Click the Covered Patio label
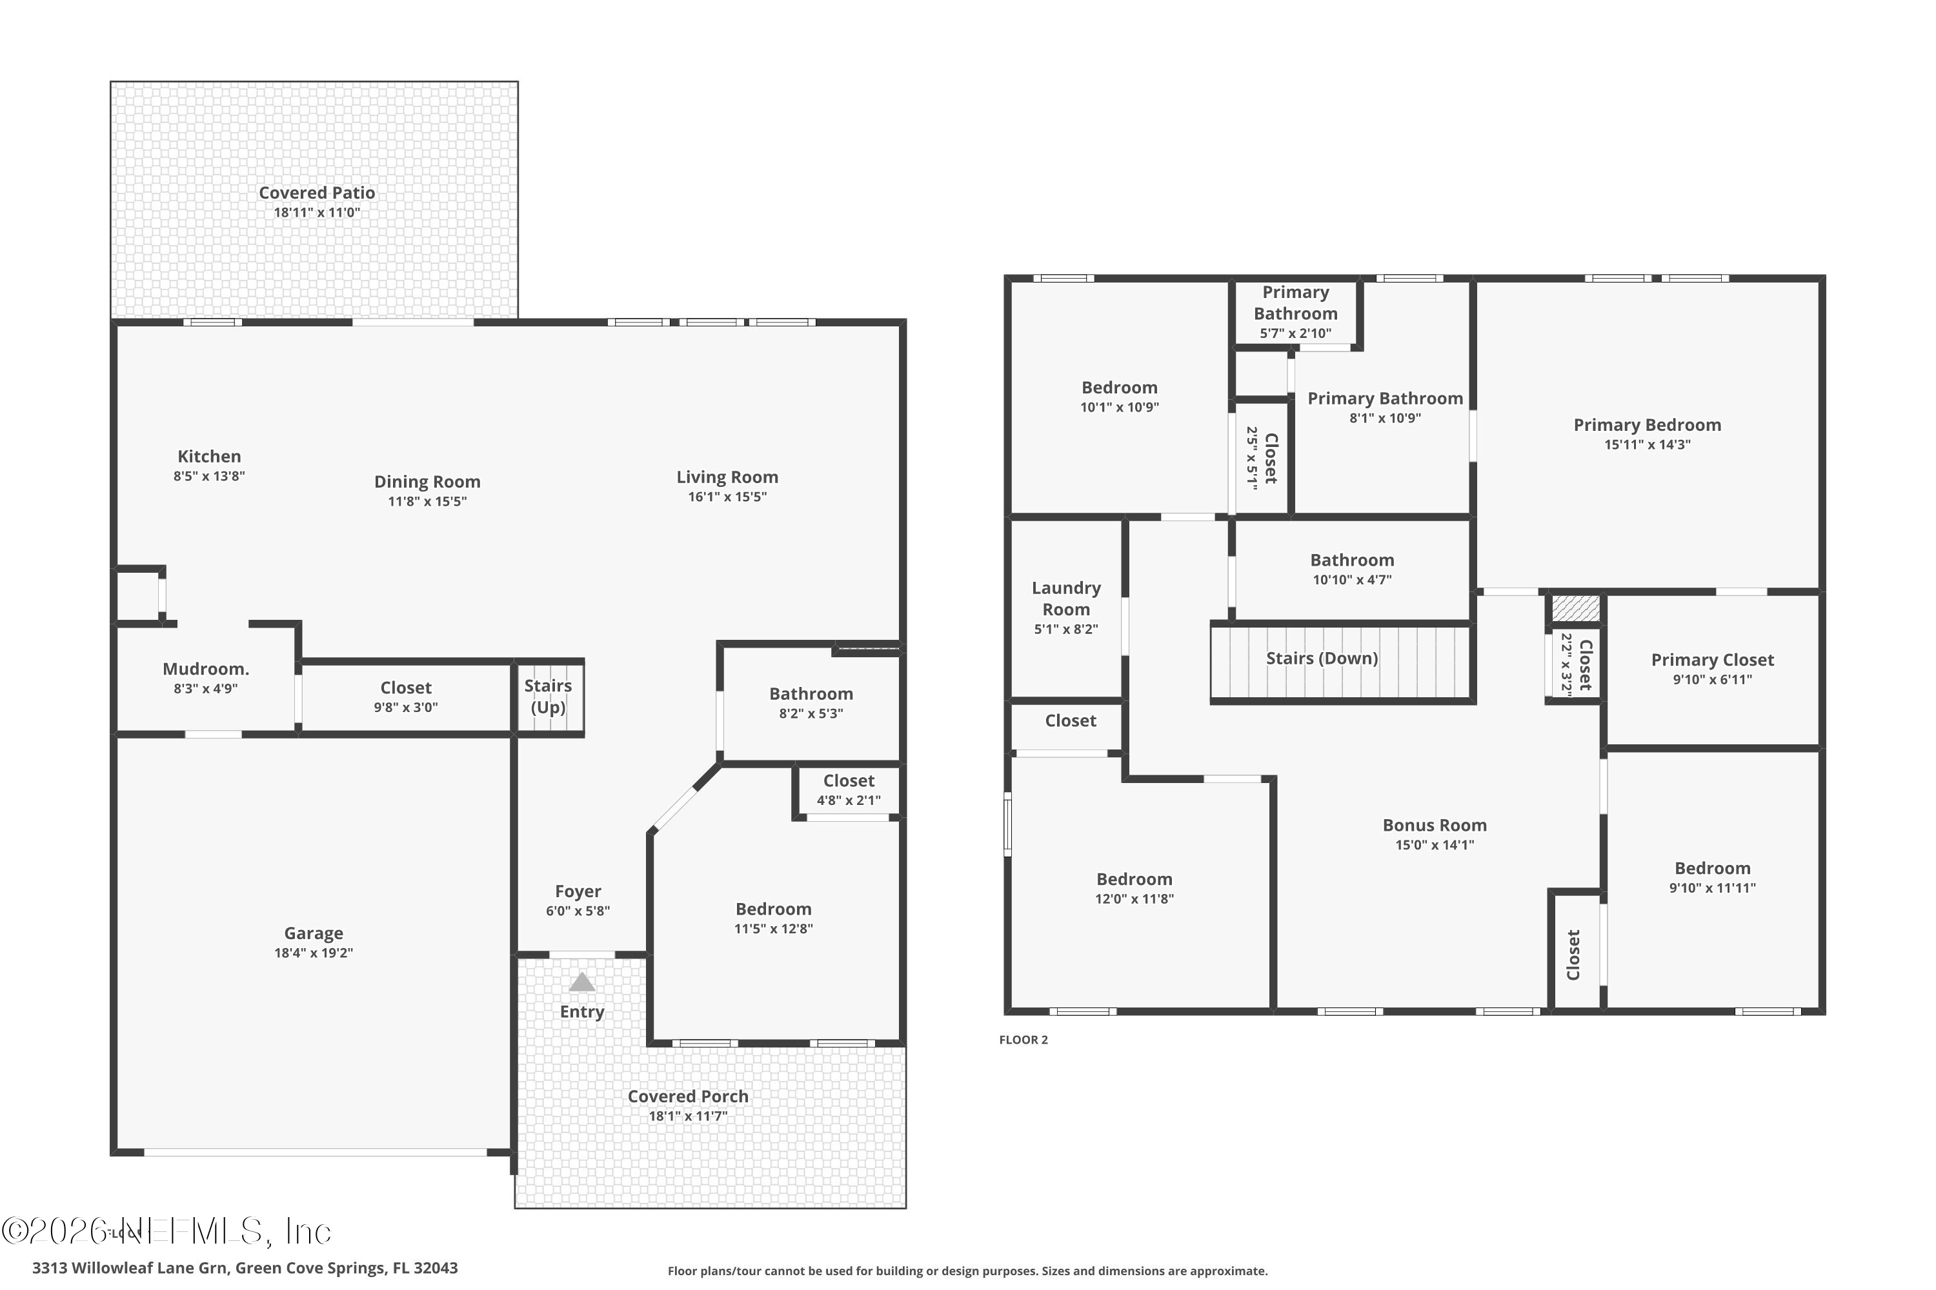pyautogui.click(x=317, y=192)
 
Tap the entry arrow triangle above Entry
pyautogui.click(x=581, y=982)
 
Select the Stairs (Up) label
pyautogui.click(x=548, y=696)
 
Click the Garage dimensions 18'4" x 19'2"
pyautogui.click(x=314, y=953)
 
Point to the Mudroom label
pyautogui.click(x=206, y=669)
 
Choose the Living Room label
pyautogui.click(x=727, y=477)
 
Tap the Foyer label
pyautogui.click(x=578, y=891)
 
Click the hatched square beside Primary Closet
pyautogui.click(x=1575, y=609)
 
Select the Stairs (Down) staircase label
pyautogui.click(x=1321, y=658)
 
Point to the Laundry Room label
pyautogui.click(x=1066, y=598)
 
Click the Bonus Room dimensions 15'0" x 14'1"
pyautogui.click(x=1434, y=845)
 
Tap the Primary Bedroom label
pyautogui.click(x=1647, y=425)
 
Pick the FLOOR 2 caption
pyautogui.click(x=1023, y=1040)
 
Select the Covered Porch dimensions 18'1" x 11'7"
pyautogui.click(x=687, y=1116)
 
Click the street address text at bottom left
pyautogui.click(x=245, y=1268)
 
